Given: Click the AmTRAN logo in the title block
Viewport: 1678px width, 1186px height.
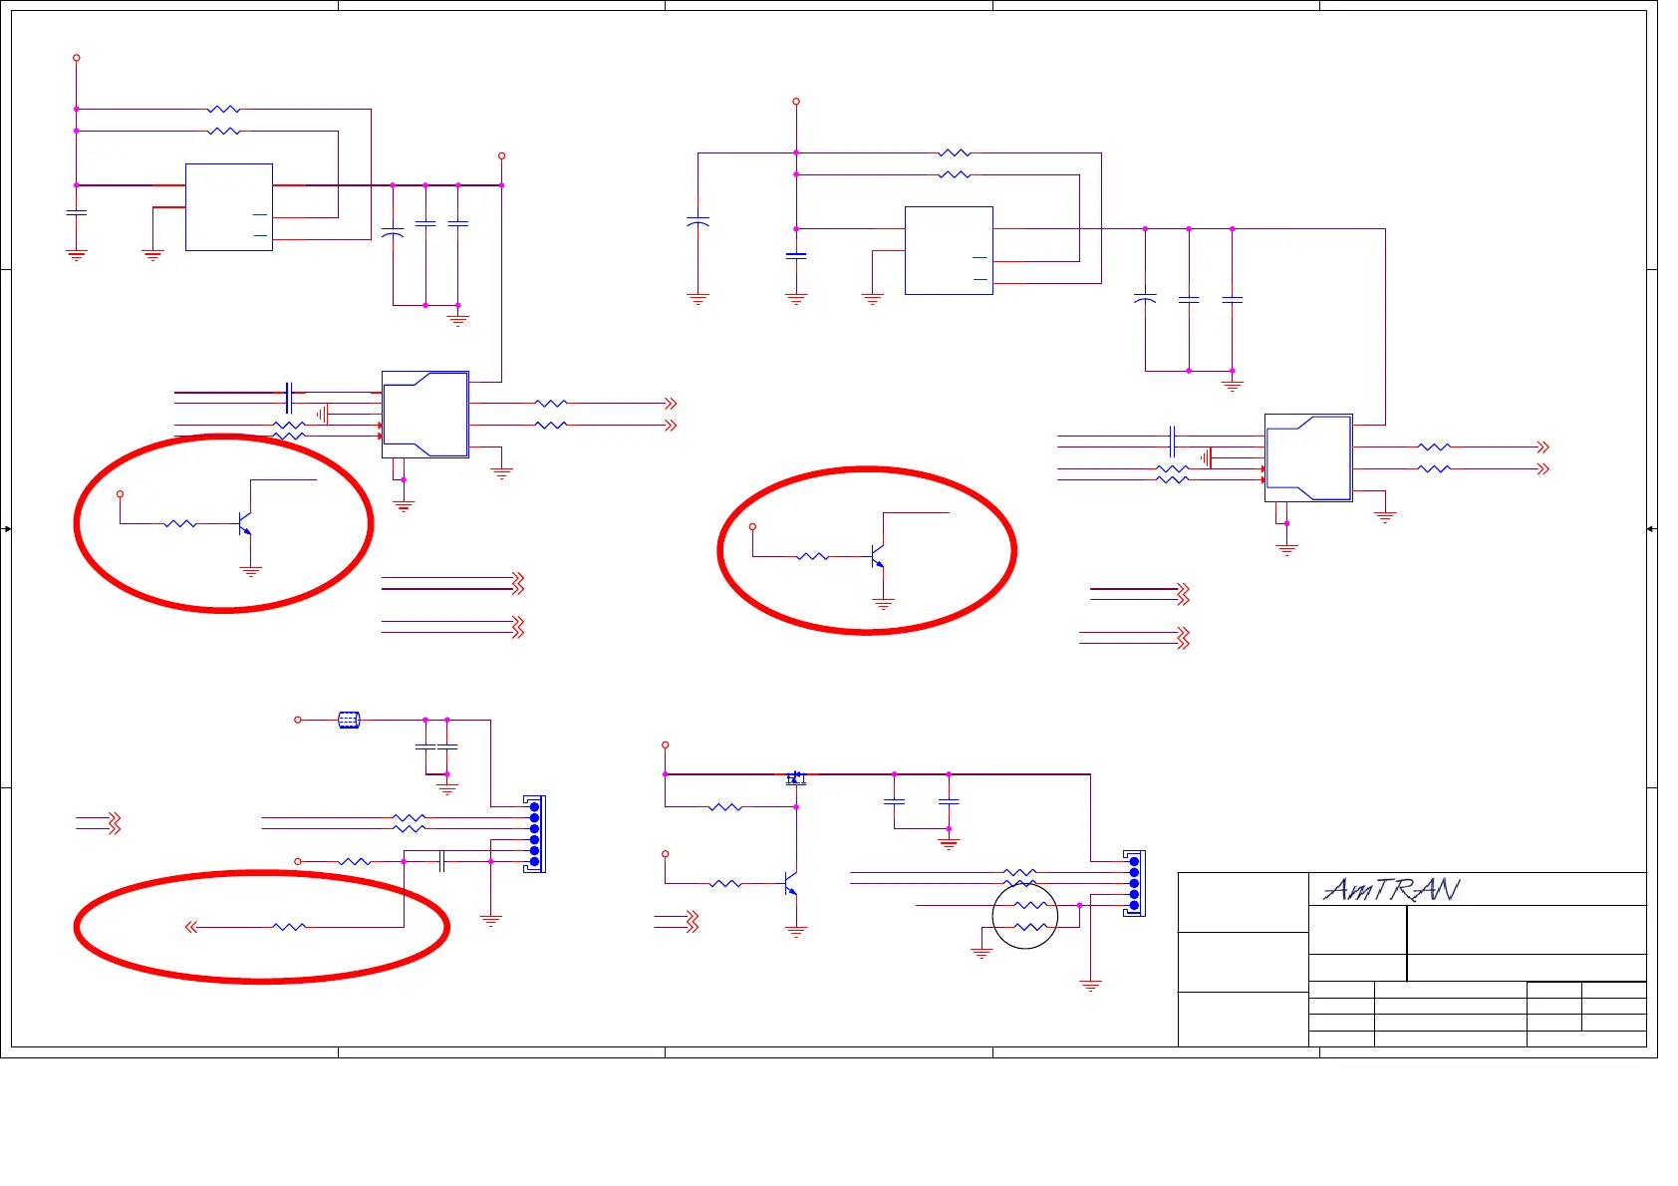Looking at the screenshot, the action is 1391,889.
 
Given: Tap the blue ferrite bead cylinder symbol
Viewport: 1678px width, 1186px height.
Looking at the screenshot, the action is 349,720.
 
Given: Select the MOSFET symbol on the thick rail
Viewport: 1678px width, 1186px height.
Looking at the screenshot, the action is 795,777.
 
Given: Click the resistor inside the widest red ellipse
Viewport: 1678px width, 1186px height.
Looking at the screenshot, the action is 289,927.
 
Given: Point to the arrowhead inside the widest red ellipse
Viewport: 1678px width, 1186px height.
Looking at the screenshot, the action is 190,927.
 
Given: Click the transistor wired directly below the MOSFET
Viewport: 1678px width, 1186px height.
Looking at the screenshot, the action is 791,884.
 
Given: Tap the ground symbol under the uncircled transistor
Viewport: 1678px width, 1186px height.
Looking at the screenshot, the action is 796,932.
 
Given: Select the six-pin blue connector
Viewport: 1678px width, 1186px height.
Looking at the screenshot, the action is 535,834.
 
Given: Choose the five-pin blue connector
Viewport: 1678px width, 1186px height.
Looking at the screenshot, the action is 1134,883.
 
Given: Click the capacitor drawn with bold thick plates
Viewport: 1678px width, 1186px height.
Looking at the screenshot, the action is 795,255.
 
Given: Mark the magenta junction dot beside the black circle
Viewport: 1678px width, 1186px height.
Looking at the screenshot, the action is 1080,905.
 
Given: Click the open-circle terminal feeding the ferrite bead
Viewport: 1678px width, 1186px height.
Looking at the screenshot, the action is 298,720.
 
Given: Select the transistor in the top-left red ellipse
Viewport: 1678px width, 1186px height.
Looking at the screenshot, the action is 244,522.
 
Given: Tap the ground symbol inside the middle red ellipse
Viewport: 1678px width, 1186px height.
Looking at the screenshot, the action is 883,603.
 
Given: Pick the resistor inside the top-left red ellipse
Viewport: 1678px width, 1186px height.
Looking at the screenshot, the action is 180,523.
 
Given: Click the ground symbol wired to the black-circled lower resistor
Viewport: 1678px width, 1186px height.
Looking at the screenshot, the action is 981,953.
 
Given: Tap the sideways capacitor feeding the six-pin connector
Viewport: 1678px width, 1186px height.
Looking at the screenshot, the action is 441,861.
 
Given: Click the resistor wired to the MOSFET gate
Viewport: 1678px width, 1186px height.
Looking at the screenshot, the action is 725,806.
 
